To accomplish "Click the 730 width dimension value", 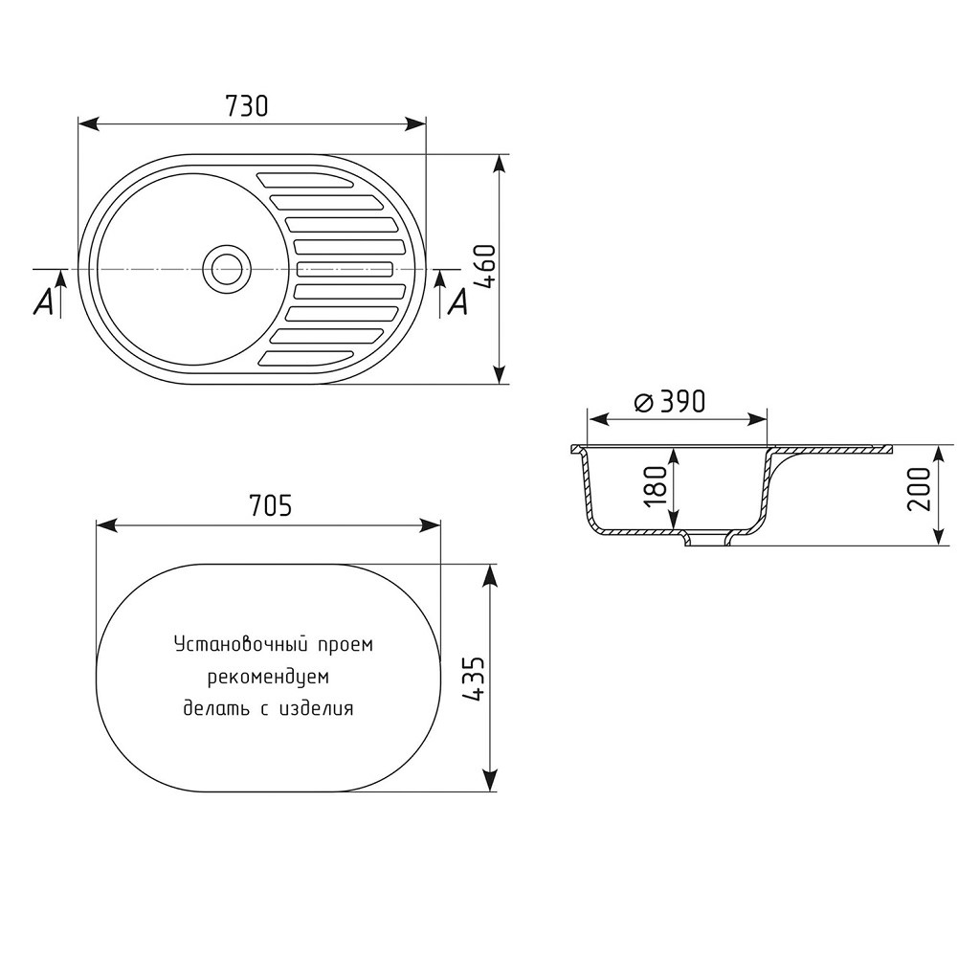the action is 247,106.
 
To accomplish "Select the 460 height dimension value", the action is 485,266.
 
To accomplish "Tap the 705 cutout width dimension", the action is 270,505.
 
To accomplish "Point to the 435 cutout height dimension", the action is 475,678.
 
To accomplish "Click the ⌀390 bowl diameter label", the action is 669,402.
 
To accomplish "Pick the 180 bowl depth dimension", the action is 657,486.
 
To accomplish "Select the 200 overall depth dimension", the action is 919,489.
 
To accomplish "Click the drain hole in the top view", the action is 227,269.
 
